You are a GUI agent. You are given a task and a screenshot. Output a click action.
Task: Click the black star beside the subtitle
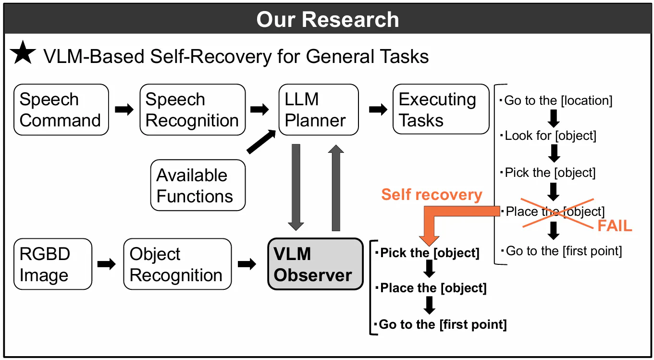(23, 54)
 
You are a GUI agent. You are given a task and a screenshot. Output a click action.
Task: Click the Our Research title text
(327, 20)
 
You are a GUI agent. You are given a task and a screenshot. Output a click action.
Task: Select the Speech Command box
(61, 110)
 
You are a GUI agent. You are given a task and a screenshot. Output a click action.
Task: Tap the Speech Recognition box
(192, 110)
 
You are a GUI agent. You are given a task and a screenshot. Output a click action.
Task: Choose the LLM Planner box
(318, 110)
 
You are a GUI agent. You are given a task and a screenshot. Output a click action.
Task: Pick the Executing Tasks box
(441, 110)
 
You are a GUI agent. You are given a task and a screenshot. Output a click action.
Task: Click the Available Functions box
(198, 186)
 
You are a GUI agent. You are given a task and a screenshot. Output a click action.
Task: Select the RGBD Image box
(52, 264)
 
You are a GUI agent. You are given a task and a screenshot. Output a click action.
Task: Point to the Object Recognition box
(177, 264)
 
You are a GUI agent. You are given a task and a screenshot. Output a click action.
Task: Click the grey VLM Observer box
(315, 264)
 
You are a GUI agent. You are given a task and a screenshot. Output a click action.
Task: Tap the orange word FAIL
(615, 226)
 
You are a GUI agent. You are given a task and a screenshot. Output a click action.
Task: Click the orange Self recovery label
(432, 195)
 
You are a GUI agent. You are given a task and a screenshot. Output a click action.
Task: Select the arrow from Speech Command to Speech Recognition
(124, 110)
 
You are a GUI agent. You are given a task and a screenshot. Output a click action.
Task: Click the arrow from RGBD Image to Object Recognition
(107, 264)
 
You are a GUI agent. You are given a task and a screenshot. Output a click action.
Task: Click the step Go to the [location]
(558, 101)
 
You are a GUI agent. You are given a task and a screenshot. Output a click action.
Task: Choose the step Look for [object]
(550, 136)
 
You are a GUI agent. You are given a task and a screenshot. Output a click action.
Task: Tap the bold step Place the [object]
(433, 288)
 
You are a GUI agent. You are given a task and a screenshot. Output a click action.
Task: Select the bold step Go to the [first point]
(442, 324)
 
